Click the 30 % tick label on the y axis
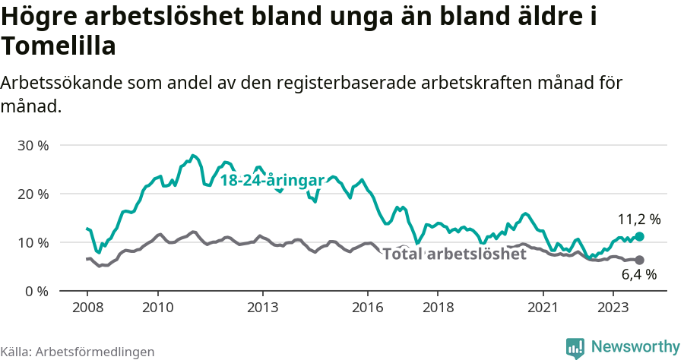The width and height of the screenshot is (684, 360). pos(33,145)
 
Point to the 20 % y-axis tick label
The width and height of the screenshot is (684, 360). pos(33,194)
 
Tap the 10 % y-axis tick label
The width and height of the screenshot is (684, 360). pos(33,242)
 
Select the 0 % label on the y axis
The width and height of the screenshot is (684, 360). pos(36,291)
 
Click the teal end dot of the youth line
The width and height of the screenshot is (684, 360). pos(639,236)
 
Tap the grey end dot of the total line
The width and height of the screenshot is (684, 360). pos(639,260)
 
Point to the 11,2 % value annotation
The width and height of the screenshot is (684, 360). pos(638,219)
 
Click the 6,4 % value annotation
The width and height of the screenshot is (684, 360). pos(638,275)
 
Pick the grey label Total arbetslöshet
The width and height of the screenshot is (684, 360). pos(454,254)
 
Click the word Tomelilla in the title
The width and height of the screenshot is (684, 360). pos(59,47)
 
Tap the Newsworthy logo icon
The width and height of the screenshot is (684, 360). pos(575,347)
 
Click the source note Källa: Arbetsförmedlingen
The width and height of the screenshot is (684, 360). pos(78,352)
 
